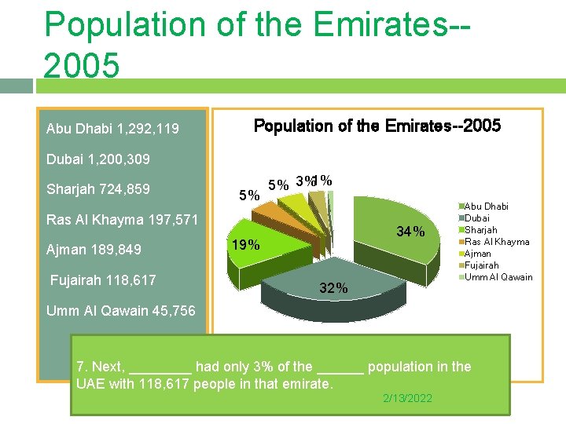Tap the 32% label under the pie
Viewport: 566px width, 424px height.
click(333, 288)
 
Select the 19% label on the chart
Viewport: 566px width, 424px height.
click(244, 245)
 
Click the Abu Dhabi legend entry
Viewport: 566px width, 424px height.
click(488, 207)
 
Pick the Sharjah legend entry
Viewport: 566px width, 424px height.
click(484, 230)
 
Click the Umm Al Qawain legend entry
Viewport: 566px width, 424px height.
click(499, 277)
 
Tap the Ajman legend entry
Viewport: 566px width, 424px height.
click(481, 254)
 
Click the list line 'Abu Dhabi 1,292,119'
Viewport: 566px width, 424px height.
click(112, 129)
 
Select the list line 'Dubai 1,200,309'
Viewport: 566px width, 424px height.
click(98, 159)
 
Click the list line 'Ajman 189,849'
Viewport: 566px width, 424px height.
click(94, 250)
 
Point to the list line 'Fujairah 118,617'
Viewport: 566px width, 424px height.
click(103, 280)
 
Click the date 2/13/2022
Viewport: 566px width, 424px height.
click(407, 399)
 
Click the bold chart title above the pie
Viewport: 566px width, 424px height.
click(377, 126)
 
